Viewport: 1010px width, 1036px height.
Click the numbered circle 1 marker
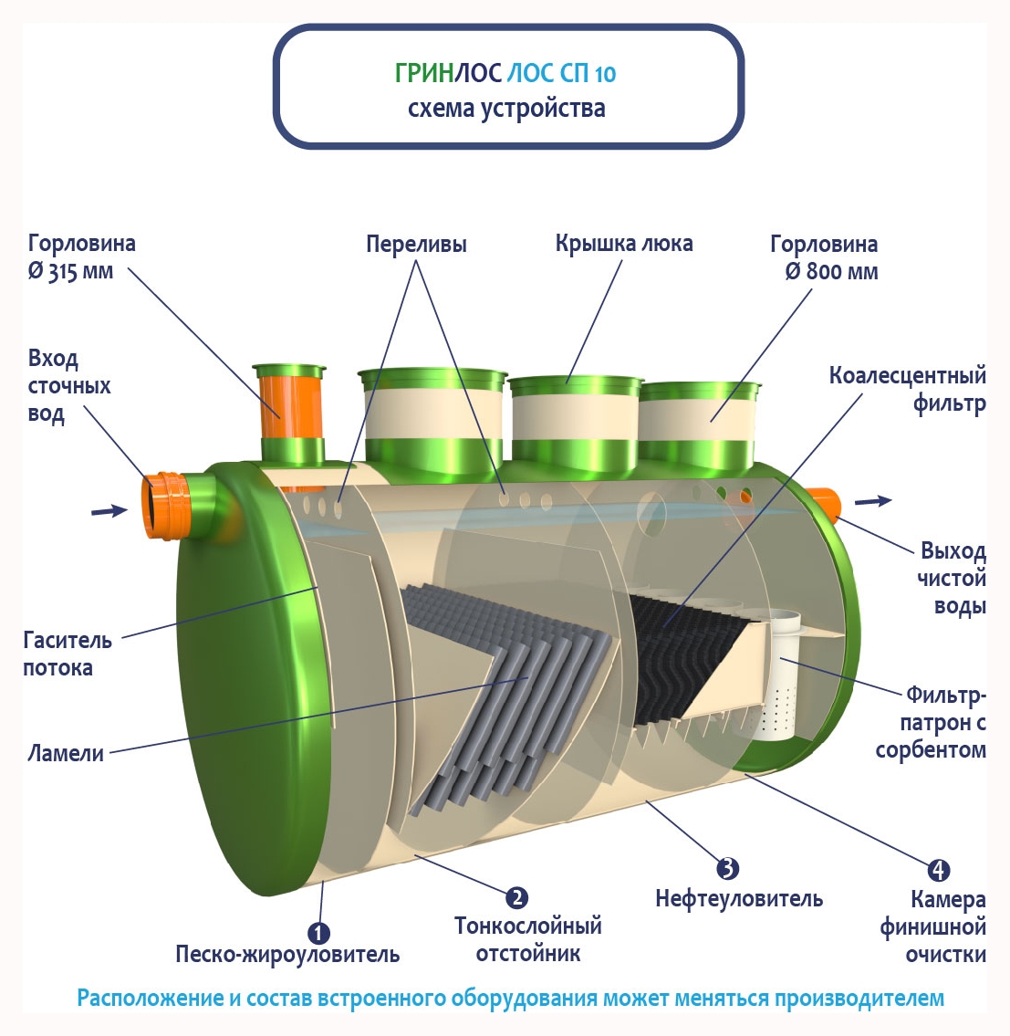[318, 933]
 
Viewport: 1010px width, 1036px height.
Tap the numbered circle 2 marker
[516, 898]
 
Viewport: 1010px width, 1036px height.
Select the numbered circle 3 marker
[727, 869]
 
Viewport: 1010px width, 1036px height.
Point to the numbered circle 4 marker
[938, 871]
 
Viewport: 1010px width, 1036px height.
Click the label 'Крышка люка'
[624, 244]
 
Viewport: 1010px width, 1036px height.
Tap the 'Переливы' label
[416, 244]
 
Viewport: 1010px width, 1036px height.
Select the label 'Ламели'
[66, 753]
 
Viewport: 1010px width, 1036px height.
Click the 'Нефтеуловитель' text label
[739, 899]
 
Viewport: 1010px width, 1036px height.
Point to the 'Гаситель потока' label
[68, 654]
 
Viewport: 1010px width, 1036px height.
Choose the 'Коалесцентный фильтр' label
[908, 389]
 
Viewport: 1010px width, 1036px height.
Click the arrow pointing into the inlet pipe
[109, 510]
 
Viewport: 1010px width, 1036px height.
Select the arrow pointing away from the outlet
[873, 500]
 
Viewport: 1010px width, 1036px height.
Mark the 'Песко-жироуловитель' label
[287, 955]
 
